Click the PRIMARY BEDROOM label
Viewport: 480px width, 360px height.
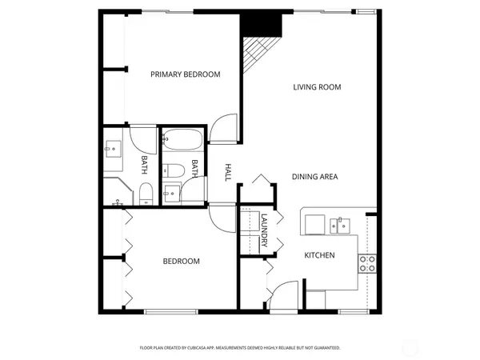(186, 74)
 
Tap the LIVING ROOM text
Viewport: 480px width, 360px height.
(317, 87)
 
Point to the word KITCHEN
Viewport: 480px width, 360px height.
(319, 255)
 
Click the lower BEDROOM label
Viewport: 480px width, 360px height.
(182, 262)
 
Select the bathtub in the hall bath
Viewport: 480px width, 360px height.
(183, 141)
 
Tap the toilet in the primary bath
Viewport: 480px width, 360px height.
(145, 193)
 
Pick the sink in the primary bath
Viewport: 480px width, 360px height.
(111, 148)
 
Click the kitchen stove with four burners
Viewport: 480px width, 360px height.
(367, 264)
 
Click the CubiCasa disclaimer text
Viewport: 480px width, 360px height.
(240, 348)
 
